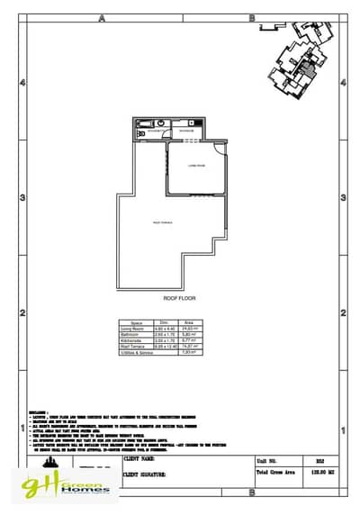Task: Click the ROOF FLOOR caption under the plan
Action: tap(180, 297)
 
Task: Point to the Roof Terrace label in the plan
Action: tap(163, 221)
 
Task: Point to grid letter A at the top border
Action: tap(103, 17)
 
